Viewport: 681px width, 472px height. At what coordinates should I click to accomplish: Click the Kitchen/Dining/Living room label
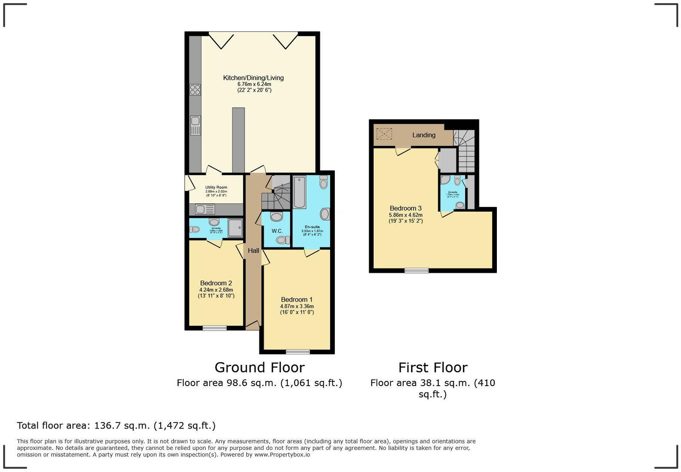[253, 78]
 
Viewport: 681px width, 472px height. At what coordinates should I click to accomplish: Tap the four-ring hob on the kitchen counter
[195, 90]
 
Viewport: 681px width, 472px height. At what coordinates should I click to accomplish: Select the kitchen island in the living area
[238, 140]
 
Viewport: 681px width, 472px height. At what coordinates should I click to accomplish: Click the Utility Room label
[216, 187]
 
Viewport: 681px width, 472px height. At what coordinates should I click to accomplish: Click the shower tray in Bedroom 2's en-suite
[235, 228]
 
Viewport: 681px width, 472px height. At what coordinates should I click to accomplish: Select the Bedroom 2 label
[216, 283]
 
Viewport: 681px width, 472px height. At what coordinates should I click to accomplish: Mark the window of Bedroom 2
[215, 328]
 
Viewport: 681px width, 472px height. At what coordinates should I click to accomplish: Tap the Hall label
[254, 251]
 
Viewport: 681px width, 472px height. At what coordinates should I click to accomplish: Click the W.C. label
[277, 231]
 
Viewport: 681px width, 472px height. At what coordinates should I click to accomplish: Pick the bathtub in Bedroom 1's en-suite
[299, 192]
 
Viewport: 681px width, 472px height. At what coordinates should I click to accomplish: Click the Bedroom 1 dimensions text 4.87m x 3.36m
[297, 306]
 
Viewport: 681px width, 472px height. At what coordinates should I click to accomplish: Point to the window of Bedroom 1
[298, 351]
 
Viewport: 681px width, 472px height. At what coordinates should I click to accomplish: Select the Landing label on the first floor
[423, 135]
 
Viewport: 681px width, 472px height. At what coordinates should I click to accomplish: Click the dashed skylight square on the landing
[384, 134]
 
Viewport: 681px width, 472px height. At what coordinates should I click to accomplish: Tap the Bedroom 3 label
[406, 208]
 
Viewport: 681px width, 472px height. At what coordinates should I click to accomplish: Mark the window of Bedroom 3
[417, 271]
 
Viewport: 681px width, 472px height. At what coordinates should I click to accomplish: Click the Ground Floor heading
[259, 367]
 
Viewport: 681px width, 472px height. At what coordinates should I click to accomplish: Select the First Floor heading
[433, 367]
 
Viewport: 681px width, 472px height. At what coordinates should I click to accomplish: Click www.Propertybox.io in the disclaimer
[282, 455]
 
